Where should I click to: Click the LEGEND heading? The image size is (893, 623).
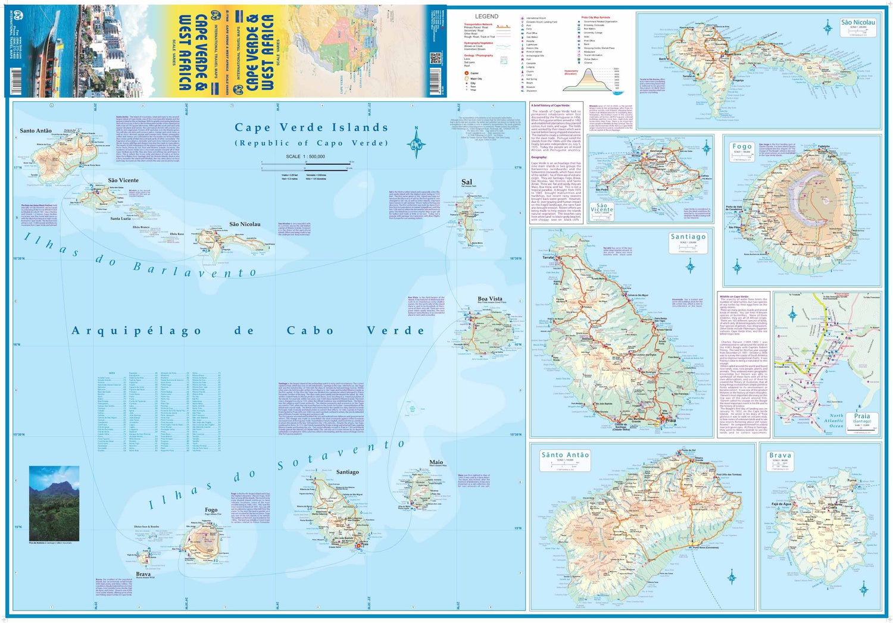coord(486,16)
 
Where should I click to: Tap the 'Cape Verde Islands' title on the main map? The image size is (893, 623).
coord(311,127)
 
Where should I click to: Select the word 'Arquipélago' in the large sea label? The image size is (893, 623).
coord(136,331)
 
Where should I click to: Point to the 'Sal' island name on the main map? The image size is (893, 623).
coord(467,182)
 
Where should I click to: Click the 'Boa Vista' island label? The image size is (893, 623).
coord(490,299)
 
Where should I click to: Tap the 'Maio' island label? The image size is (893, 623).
coord(436,462)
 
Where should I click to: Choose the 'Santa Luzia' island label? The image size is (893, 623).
coord(120,218)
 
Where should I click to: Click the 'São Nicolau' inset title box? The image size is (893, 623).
coord(858,25)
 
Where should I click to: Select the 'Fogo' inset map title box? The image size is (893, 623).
coord(742,149)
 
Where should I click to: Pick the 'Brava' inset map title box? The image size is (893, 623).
coord(780,458)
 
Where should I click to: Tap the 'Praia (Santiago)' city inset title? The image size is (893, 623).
coord(861,418)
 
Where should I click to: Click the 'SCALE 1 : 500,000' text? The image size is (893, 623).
coord(305,156)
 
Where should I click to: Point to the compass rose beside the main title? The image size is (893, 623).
coord(416,143)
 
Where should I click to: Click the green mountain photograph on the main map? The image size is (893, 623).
coord(54,503)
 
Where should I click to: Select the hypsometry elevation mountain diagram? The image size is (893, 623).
coord(588,80)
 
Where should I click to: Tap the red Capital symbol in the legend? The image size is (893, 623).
coord(467,73)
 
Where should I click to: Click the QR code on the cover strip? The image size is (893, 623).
coord(435,58)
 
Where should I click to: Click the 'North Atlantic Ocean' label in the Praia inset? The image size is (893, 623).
coord(836,421)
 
